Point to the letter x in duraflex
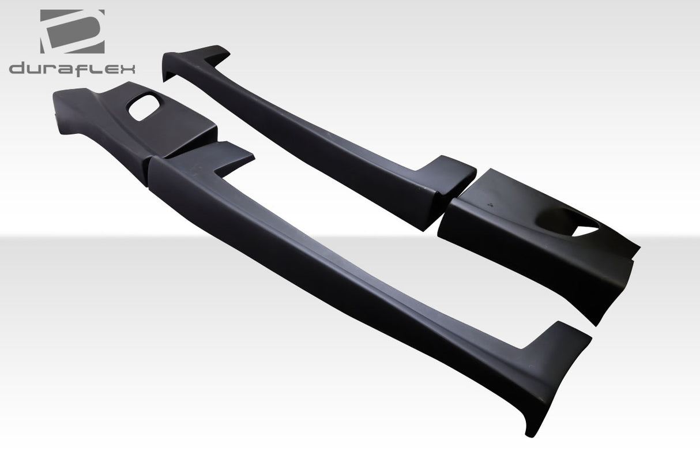(x=126, y=69)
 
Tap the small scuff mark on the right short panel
(x=488, y=204)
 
